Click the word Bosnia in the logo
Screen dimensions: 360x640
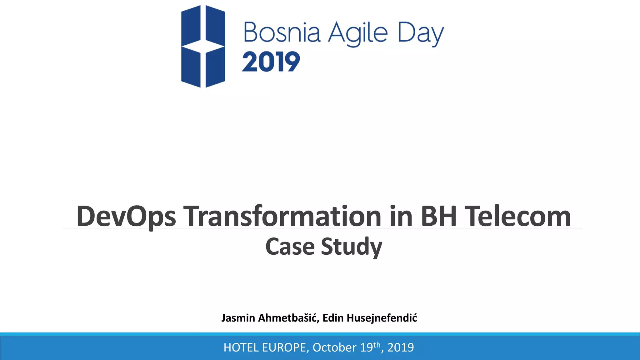click(x=282, y=32)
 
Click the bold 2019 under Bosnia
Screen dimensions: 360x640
click(x=271, y=62)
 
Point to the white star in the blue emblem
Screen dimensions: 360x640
click(x=203, y=46)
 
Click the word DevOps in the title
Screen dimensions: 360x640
click(x=126, y=216)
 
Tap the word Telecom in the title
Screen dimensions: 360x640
click(x=518, y=216)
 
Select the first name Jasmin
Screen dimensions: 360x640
click(x=238, y=318)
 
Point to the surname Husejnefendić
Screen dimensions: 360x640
click(x=382, y=318)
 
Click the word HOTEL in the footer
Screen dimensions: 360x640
click(x=241, y=347)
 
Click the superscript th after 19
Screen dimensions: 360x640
click(x=377, y=345)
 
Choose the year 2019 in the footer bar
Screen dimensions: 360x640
click(x=401, y=347)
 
